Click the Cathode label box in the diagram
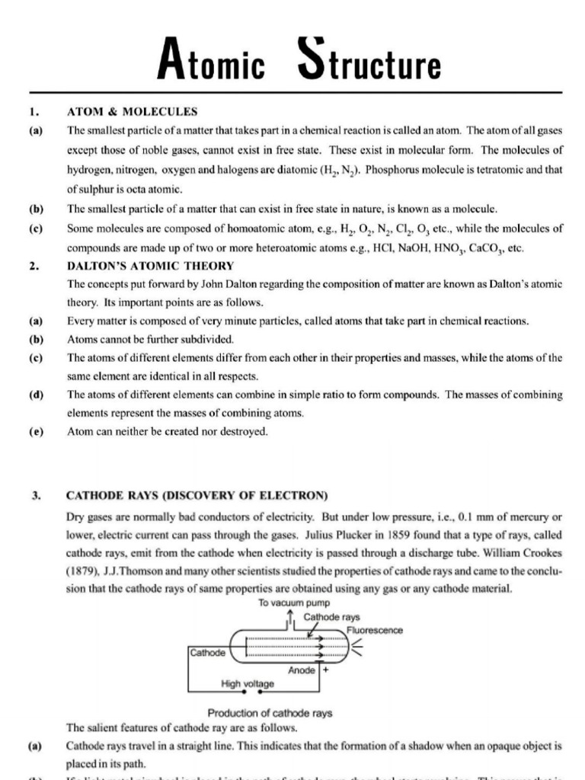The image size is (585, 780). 207,653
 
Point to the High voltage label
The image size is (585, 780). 247,684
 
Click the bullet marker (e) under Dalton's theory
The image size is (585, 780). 35,431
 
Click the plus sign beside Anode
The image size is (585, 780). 325,670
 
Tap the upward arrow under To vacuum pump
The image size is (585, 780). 292,616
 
